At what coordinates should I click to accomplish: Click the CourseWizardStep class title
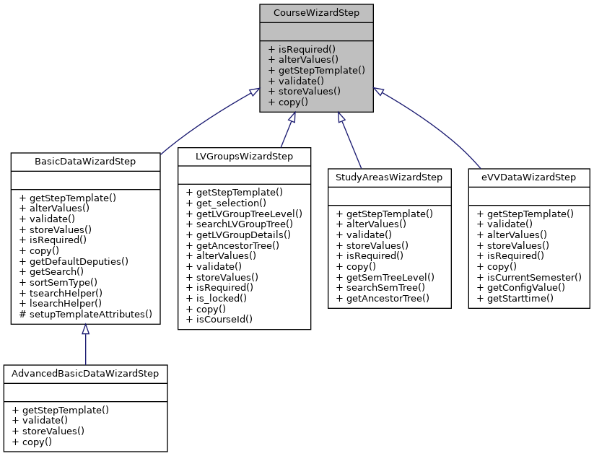click(x=317, y=13)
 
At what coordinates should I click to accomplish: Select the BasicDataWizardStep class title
click(x=85, y=161)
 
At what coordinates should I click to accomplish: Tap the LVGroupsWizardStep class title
click(x=244, y=156)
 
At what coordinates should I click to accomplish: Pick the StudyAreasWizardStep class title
click(x=389, y=177)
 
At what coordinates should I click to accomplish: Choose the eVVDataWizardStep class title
click(x=528, y=177)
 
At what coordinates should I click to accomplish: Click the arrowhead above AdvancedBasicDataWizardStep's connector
click(x=85, y=330)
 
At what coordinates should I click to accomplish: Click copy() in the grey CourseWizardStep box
click(x=288, y=102)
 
